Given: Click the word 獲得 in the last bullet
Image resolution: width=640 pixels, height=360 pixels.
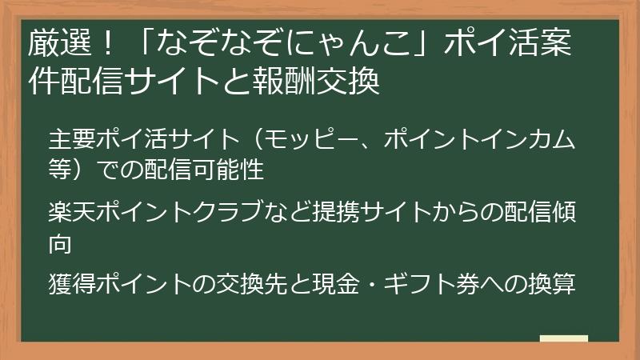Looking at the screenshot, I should click(x=70, y=284).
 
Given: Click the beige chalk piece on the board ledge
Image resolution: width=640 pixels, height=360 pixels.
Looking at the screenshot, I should click(x=564, y=338).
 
